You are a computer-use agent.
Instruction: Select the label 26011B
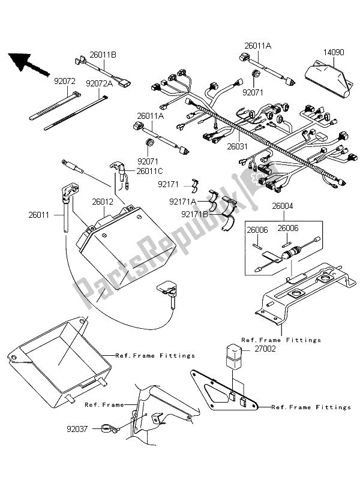pos(101,55)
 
